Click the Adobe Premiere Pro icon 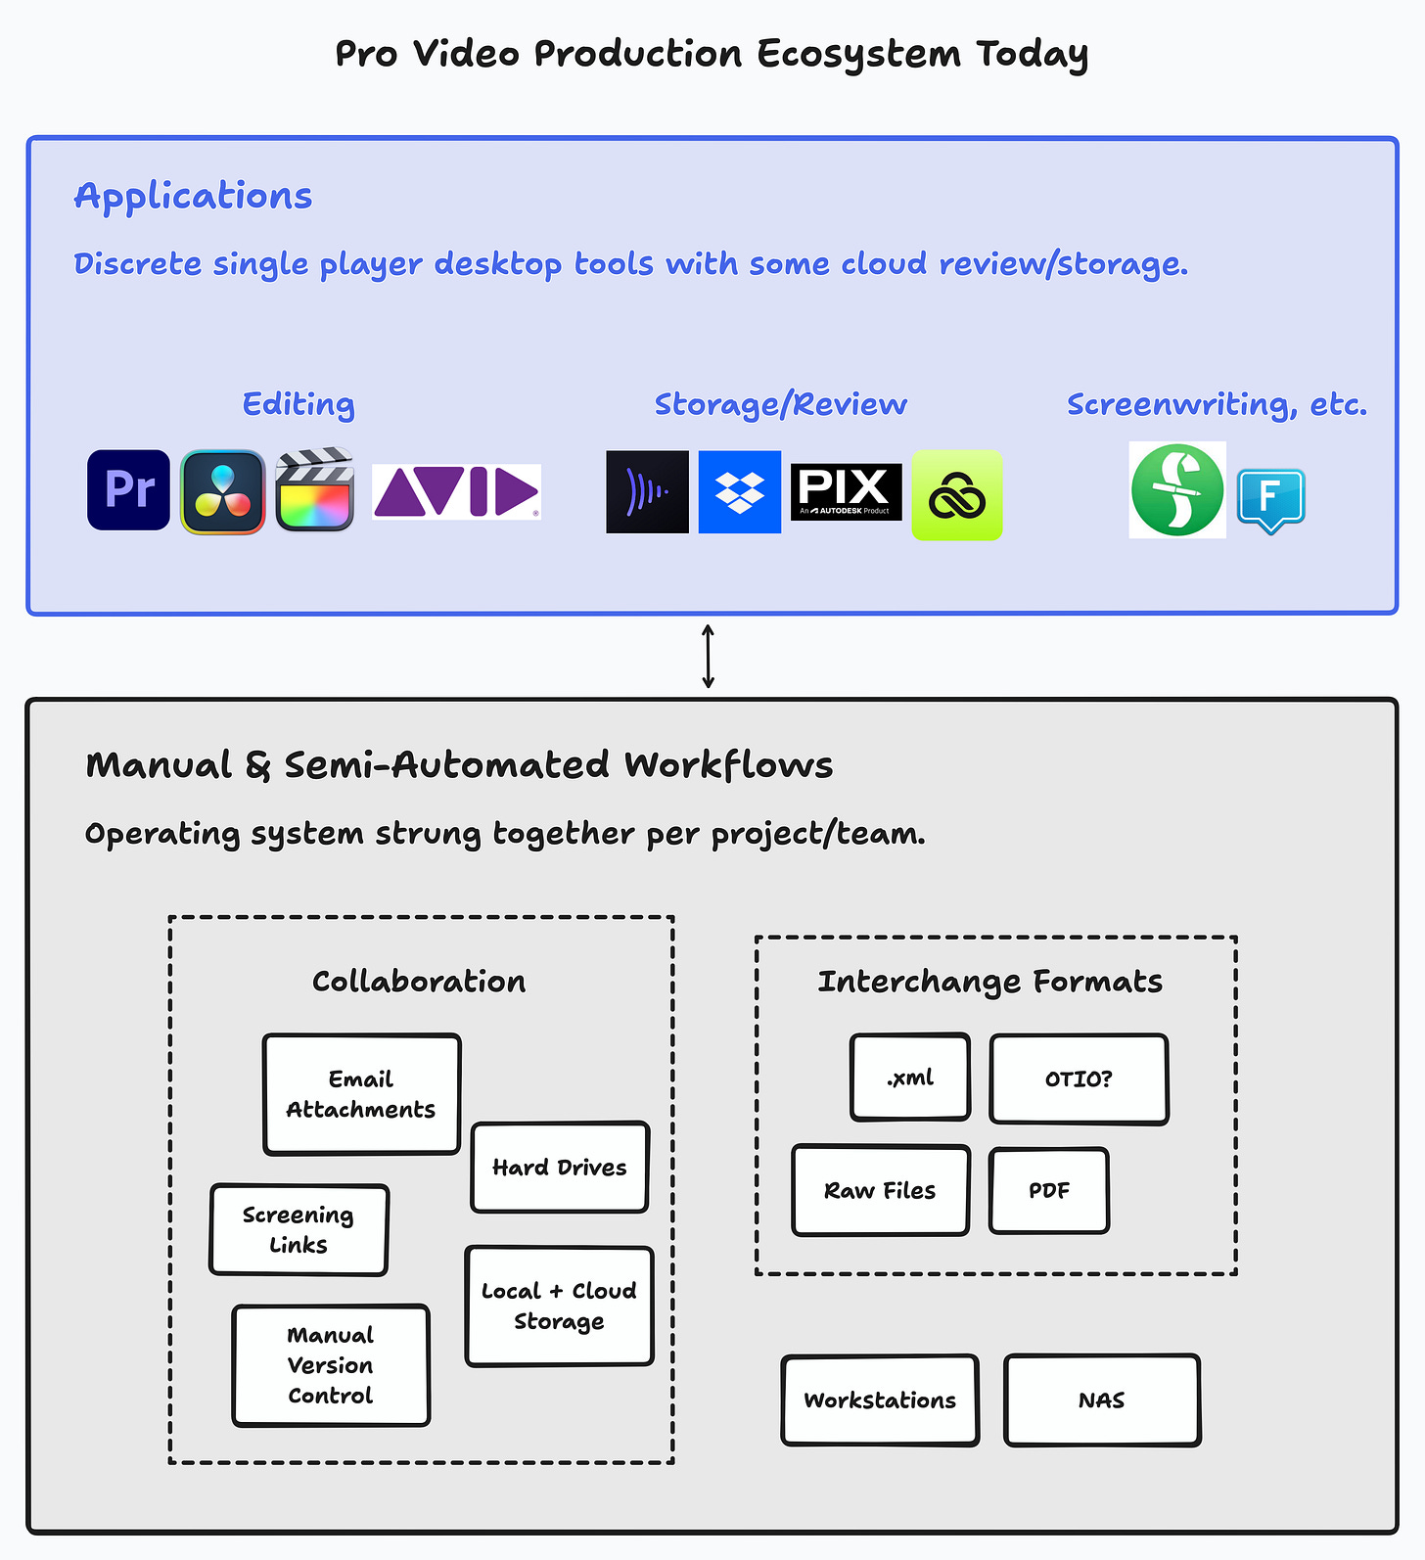coord(128,490)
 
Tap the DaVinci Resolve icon coord(222,491)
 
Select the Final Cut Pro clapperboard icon coord(314,489)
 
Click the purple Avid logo coord(456,491)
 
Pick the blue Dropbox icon coord(740,492)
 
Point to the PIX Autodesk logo coord(846,491)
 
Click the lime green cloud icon coord(957,495)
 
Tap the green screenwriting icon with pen coord(1177,490)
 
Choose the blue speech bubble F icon coord(1270,501)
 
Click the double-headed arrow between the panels coord(709,657)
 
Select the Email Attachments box coord(362,1094)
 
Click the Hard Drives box coord(560,1168)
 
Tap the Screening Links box coord(299,1230)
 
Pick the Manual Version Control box coord(331,1365)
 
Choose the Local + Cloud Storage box coord(560,1307)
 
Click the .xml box coord(910,1078)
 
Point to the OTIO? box coord(1080,1079)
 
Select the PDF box coord(1049,1191)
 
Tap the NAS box coord(1102,1400)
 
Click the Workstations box coord(880,1400)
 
